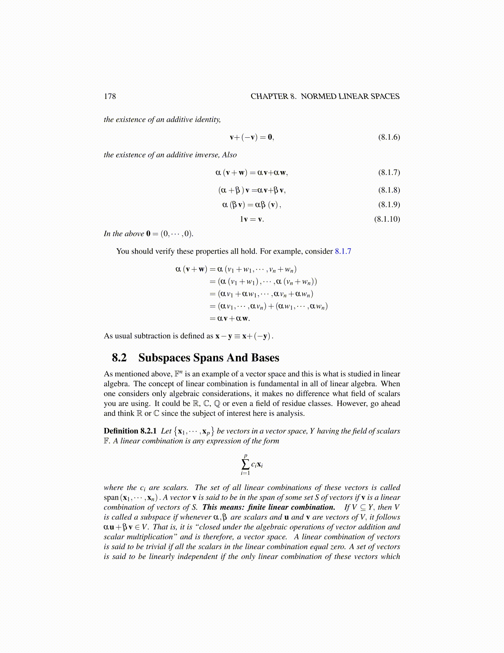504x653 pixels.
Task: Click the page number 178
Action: point(110,96)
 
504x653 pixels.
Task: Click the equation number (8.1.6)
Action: point(389,137)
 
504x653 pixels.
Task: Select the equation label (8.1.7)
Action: point(389,172)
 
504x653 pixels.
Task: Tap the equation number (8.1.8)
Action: point(389,190)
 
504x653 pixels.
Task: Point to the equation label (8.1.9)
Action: point(389,204)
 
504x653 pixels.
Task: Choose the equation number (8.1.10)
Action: point(387,219)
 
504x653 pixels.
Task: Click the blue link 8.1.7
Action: point(343,251)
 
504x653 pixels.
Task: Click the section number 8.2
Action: point(119,358)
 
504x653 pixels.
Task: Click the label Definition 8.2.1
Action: point(130,431)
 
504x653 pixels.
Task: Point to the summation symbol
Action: point(245,465)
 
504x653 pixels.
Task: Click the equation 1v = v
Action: point(252,219)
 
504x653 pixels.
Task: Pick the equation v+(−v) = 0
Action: point(252,137)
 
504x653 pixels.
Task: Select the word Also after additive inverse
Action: point(229,155)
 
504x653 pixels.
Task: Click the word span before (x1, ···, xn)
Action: point(111,498)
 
